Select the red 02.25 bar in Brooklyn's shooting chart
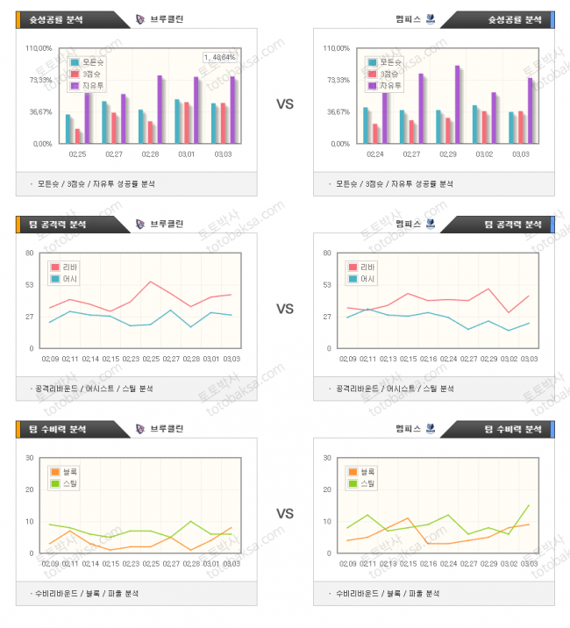coord(78,135)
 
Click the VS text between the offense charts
coord(285,309)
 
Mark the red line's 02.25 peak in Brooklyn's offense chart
coord(151,282)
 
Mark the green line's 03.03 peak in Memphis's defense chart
coord(529,505)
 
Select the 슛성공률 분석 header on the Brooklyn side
coord(61,19)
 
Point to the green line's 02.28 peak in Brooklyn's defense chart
coord(191,521)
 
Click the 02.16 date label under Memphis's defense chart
coord(428,562)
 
